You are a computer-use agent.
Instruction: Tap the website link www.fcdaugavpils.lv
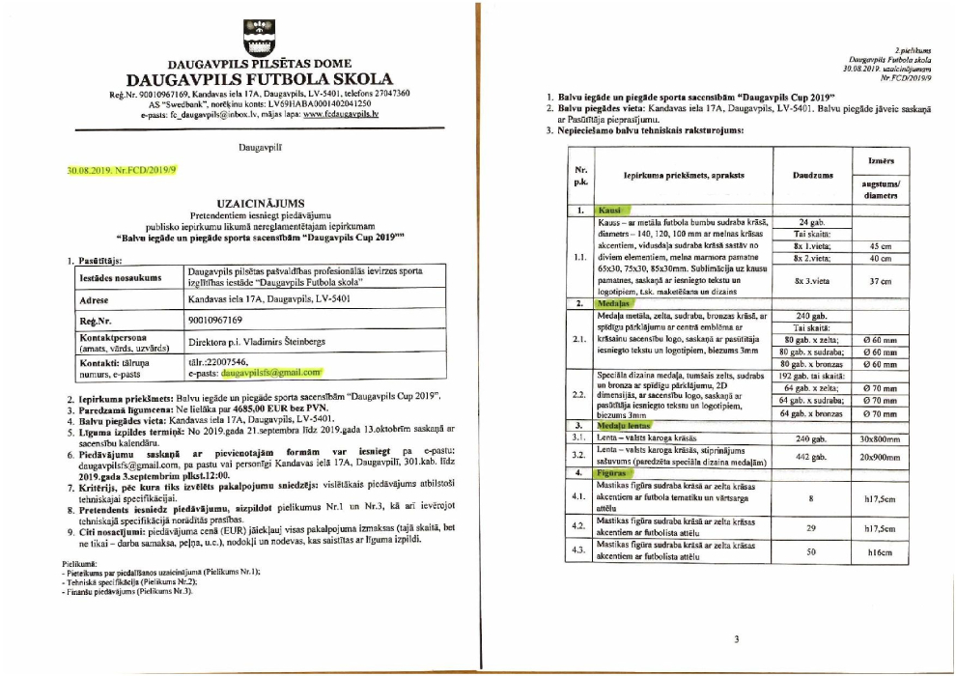[340, 114]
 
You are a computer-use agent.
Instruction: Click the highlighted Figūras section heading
[612, 473]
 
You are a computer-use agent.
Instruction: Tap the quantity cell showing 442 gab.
[809, 456]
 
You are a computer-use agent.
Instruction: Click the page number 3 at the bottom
[736, 638]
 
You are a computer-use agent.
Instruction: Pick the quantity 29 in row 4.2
[809, 527]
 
